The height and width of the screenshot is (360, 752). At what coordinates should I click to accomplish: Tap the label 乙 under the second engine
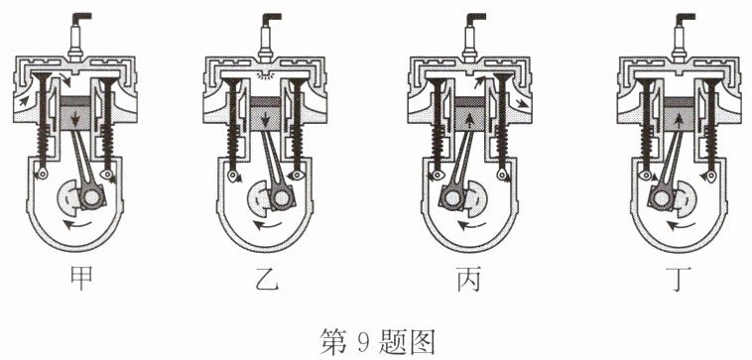[267, 279]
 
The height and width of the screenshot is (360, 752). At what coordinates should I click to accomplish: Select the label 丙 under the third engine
[469, 279]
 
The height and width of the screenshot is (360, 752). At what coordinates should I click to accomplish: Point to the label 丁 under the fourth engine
[679, 279]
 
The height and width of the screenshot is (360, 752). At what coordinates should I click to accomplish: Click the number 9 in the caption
[361, 341]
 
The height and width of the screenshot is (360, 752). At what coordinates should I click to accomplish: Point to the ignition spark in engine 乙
[265, 75]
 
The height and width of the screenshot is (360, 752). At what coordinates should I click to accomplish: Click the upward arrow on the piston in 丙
[470, 119]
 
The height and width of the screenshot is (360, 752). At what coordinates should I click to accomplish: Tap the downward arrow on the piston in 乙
[265, 118]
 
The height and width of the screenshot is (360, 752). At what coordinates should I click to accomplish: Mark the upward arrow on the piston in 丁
[679, 119]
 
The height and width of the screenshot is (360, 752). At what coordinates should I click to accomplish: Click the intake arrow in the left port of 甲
[23, 100]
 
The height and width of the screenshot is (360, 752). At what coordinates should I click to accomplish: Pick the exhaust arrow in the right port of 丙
[522, 102]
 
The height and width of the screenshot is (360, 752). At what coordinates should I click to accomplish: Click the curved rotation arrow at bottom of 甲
[78, 224]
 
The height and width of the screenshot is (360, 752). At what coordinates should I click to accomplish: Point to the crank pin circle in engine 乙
[278, 196]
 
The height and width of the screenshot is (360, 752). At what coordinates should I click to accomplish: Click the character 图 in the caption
[423, 341]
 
